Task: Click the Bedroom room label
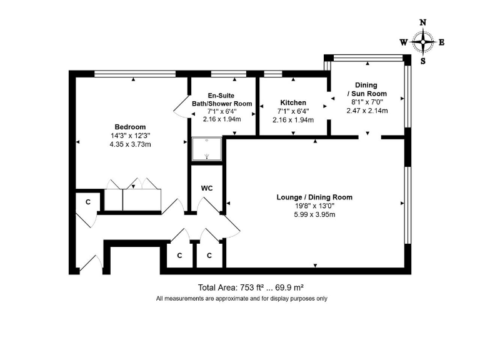tap(130, 126)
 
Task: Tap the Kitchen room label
tap(293, 102)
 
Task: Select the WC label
tap(206, 187)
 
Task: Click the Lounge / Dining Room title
tap(314, 197)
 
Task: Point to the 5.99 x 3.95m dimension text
tap(314, 214)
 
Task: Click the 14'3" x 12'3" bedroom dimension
tap(130, 136)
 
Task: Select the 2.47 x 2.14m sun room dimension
tap(367, 111)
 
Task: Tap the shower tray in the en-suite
tap(206, 149)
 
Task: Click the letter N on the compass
tap(423, 22)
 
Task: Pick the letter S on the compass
tap(423, 61)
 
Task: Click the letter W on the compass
tap(404, 42)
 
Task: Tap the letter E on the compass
tap(441, 42)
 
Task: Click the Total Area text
tap(251, 287)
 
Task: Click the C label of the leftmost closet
tap(88, 202)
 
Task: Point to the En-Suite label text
tap(222, 95)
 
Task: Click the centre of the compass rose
tap(423, 42)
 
